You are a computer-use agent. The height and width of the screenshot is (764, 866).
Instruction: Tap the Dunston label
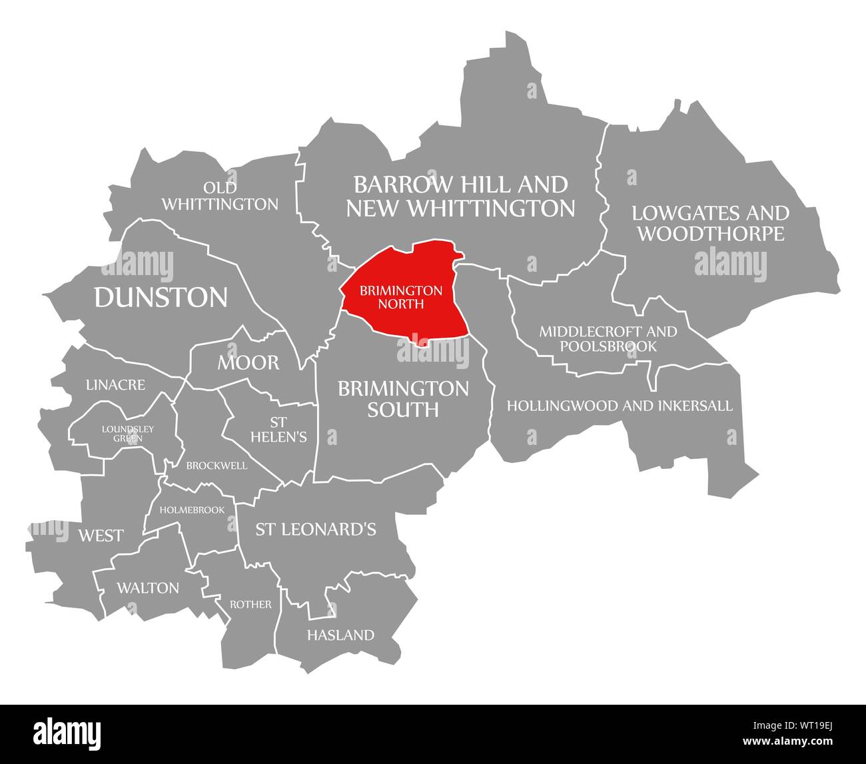click(x=161, y=297)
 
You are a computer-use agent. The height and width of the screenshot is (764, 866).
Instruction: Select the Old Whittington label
click(x=220, y=196)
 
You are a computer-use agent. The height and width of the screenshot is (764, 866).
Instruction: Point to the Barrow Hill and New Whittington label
click(x=460, y=196)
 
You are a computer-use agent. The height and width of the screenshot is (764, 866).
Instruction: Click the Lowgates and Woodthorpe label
click(x=710, y=223)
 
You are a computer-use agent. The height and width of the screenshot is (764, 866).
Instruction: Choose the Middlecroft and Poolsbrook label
click(x=608, y=338)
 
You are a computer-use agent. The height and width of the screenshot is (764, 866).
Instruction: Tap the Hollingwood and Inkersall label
click(x=620, y=405)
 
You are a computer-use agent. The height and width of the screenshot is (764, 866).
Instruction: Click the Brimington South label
click(x=403, y=398)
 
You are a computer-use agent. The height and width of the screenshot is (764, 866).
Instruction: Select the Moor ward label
click(x=248, y=362)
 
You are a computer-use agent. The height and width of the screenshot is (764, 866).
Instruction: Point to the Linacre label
click(x=115, y=385)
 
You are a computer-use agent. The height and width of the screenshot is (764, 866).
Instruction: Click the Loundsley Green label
click(x=128, y=433)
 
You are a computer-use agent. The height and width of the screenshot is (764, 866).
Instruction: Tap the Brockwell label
click(x=217, y=466)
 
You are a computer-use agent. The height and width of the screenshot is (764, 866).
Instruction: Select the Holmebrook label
click(x=197, y=510)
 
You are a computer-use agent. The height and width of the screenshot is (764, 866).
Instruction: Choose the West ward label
click(x=101, y=535)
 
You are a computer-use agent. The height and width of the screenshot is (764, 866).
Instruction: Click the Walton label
click(x=148, y=587)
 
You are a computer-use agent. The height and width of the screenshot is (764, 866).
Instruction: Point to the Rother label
click(x=250, y=604)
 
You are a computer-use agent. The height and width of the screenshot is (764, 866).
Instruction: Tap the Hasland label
click(x=340, y=635)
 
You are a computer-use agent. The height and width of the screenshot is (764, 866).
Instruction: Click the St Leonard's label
click(x=316, y=529)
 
